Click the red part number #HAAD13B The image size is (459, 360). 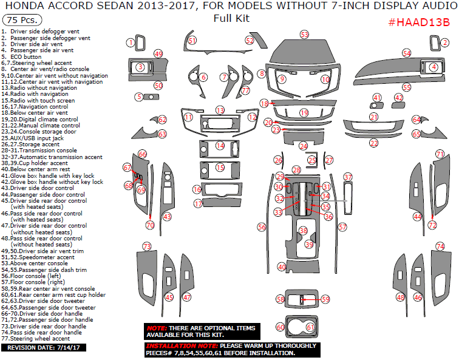click(418, 22)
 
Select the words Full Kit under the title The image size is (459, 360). click(231, 18)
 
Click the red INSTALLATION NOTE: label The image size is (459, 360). click(178, 346)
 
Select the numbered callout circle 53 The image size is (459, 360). click(304, 35)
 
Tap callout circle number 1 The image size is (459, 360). click(130, 42)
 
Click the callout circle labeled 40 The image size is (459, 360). click(282, 267)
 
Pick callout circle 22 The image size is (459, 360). click(374, 143)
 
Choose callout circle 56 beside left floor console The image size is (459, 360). click(262, 226)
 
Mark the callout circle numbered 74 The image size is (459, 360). click(440, 246)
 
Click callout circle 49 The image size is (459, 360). click(158, 54)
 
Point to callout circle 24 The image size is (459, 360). click(303, 146)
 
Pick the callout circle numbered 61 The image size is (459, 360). click(310, 327)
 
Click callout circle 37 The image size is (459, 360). click(348, 177)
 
